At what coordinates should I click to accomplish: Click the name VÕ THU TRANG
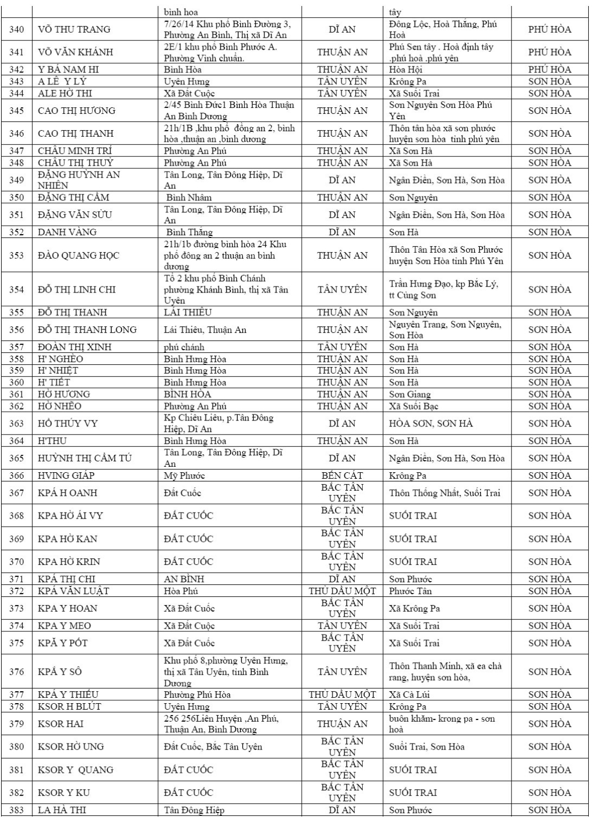click(74, 29)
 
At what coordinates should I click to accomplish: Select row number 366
click(16, 475)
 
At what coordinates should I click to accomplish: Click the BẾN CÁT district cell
click(342, 475)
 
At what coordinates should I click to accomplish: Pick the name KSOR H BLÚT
click(70, 706)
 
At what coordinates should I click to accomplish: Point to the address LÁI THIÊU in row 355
click(188, 312)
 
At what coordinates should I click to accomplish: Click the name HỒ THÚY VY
click(68, 423)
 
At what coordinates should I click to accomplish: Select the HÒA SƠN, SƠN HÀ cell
click(431, 423)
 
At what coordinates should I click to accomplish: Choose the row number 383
click(16, 810)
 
